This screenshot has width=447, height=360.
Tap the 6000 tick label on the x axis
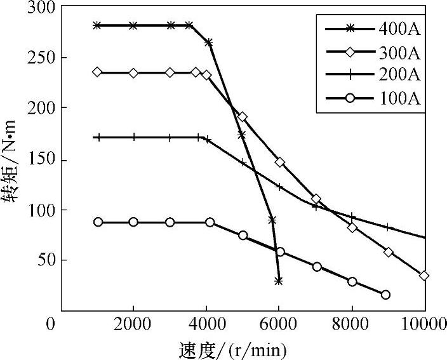(279, 326)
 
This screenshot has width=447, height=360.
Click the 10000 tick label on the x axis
(424, 326)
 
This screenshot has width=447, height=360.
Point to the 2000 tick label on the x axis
(133, 326)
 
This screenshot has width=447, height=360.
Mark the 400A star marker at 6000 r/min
(278, 280)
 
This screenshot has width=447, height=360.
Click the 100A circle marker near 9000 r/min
(385, 295)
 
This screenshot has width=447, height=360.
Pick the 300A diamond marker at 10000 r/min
(424, 276)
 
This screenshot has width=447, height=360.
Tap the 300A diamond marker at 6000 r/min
(279, 163)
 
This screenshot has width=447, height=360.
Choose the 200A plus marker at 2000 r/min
(133, 137)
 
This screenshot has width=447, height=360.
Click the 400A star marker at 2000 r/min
(133, 25)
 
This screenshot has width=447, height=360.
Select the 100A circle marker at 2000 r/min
(133, 222)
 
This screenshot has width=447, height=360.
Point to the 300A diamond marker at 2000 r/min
(133, 73)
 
